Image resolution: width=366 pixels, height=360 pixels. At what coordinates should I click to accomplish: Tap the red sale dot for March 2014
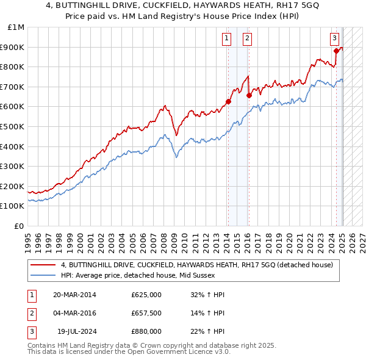pyautogui.click(x=228, y=102)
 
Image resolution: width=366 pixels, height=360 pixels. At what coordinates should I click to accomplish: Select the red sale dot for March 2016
pyautogui.click(x=249, y=95)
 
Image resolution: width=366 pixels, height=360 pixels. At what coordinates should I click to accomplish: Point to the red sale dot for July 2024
pyautogui.click(x=336, y=51)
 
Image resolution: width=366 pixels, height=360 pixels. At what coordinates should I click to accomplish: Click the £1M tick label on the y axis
pyautogui.click(x=16, y=27)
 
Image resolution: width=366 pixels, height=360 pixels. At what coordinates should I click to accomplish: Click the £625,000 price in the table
pyautogui.click(x=146, y=295)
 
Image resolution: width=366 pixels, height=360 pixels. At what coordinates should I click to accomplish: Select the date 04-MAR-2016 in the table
pyautogui.click(x=74, y=313)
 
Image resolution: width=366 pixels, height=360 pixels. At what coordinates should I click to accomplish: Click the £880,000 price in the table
pyautogui.click(x=146, y=331)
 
